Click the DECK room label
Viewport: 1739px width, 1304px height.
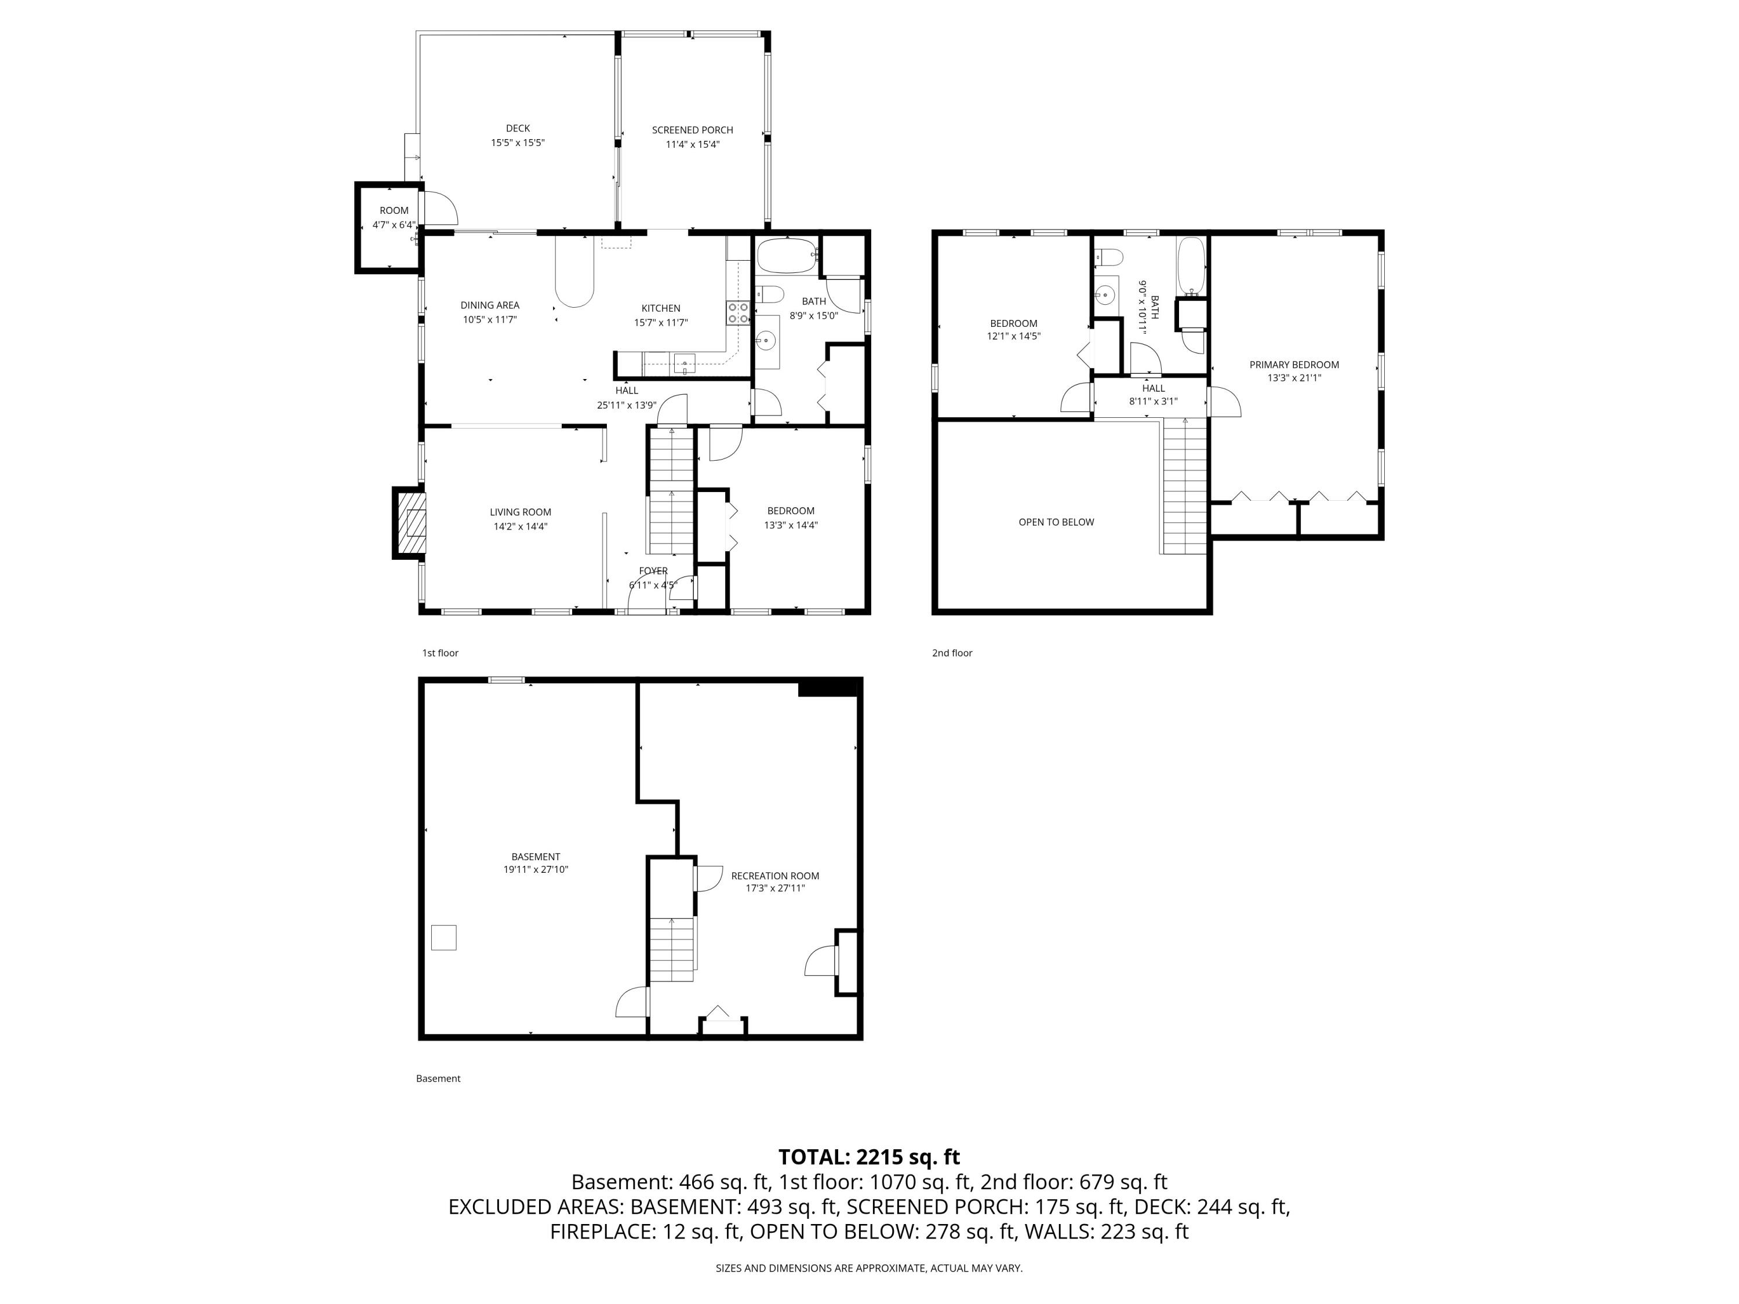tap(517, 128)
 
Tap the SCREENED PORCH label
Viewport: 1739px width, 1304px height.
tap(692, 130)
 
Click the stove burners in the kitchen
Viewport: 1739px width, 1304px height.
tap(737, 313)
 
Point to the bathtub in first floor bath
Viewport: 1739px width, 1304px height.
tap(786, 256)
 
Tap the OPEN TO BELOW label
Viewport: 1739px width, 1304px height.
tap(1056, 522)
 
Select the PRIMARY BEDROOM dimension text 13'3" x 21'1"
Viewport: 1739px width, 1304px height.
tap(1293, 378)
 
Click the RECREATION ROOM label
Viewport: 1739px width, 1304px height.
tap(774, 876)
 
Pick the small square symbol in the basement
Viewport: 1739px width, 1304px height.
tap(443, 937)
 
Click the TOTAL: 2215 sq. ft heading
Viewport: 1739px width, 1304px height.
tap(869, 1157)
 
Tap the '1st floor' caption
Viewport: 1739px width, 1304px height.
tap(440, 653)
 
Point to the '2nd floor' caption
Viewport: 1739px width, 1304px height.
tap(952, 653)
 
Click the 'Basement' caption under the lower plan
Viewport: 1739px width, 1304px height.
tap(438, 1079)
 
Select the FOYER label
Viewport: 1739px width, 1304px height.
tap(653, 571)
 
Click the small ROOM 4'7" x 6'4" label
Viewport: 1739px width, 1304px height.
tap(394, 210)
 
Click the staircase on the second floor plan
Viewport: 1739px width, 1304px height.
tap(1184, 487)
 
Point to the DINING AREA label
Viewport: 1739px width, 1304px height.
tap(489, 305)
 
